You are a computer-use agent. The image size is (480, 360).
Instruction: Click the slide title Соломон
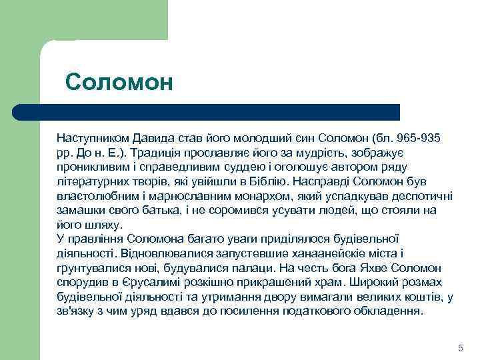[x=119, y=82]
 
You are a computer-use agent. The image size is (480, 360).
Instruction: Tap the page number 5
[x=460, y=349]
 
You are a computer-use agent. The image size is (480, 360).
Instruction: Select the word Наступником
[x=92, y=137]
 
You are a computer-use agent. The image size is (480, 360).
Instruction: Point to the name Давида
[x=155, y=137]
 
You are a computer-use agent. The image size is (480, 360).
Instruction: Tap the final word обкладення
[x=388, y=311]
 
